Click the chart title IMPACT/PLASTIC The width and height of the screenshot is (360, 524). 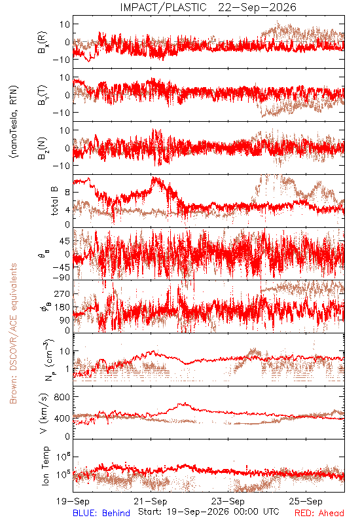coord(163,7)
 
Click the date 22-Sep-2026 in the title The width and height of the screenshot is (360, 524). coord(257,7)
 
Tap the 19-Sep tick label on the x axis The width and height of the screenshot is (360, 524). coord(73,501)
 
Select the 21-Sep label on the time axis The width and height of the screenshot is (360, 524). coord(151,501)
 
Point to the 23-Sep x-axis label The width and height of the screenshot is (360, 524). coord(228,501)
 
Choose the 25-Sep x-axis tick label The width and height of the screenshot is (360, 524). coord(306,501)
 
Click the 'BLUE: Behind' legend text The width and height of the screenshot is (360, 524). coord(101,513)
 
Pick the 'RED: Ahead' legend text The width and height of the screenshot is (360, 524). coord(319,513)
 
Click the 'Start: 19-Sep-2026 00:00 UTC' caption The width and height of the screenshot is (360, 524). coord(209,512)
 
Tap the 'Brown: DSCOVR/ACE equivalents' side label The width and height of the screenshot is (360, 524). coord(13,333)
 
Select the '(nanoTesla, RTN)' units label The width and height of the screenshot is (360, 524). coord(14,122)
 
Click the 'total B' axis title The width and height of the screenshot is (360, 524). coord(54,201)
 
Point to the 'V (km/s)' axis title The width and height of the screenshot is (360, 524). coord(44,413)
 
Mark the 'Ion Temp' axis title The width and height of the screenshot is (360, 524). coord(45,466)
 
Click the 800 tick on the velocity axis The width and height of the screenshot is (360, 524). coord(62,397)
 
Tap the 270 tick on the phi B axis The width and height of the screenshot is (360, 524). coord(62,293)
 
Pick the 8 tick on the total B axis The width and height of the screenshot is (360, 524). coord(67,193)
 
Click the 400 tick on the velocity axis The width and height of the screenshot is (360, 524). coord(62,419)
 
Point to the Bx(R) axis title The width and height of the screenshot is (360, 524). coord(43,43)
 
